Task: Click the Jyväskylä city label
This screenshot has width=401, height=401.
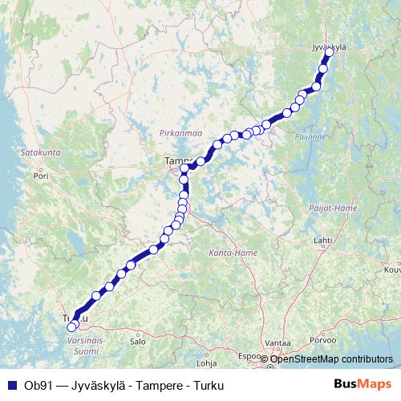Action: (327, 47)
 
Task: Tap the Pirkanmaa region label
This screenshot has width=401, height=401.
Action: (179, 132)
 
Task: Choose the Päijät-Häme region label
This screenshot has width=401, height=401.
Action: (332, 208)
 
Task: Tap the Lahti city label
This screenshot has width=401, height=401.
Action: (322, 240)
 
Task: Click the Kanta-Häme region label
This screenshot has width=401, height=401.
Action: (233, 253)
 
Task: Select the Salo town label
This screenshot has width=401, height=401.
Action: (137, 341)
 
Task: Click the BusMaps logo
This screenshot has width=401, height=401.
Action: (363, 385)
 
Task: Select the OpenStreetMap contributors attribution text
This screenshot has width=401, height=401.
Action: (330, 358)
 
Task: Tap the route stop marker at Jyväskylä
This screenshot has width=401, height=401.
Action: (329, 53)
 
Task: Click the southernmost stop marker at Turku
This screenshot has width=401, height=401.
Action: (71, 327)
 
